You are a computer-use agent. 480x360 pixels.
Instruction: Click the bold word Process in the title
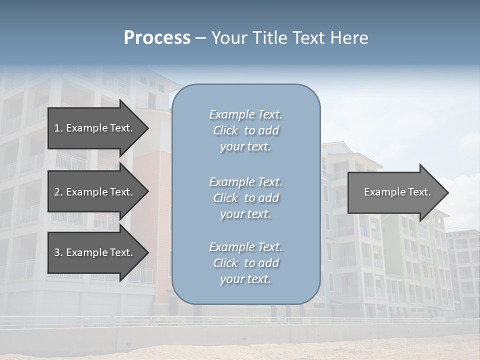tap(157, 38)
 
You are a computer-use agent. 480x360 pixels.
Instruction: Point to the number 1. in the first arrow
tap(58, 128)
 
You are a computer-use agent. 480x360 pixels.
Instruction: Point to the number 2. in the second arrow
tap(58, 192)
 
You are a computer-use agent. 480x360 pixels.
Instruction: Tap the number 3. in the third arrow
tap(58, 252)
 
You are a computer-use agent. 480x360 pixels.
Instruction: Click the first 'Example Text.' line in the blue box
tap(245, 114)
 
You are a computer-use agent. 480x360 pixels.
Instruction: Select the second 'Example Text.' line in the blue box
tap(245, 182)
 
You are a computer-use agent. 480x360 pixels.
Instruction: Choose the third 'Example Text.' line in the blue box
tap(245, 247)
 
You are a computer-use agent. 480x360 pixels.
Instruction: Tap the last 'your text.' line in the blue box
tap(245, 279)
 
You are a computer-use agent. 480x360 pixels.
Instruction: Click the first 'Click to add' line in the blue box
tap(245, 130)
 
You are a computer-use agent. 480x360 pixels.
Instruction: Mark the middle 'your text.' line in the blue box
tap(245, 214)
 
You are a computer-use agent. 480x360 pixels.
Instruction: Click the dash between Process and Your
tap(200, 38)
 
